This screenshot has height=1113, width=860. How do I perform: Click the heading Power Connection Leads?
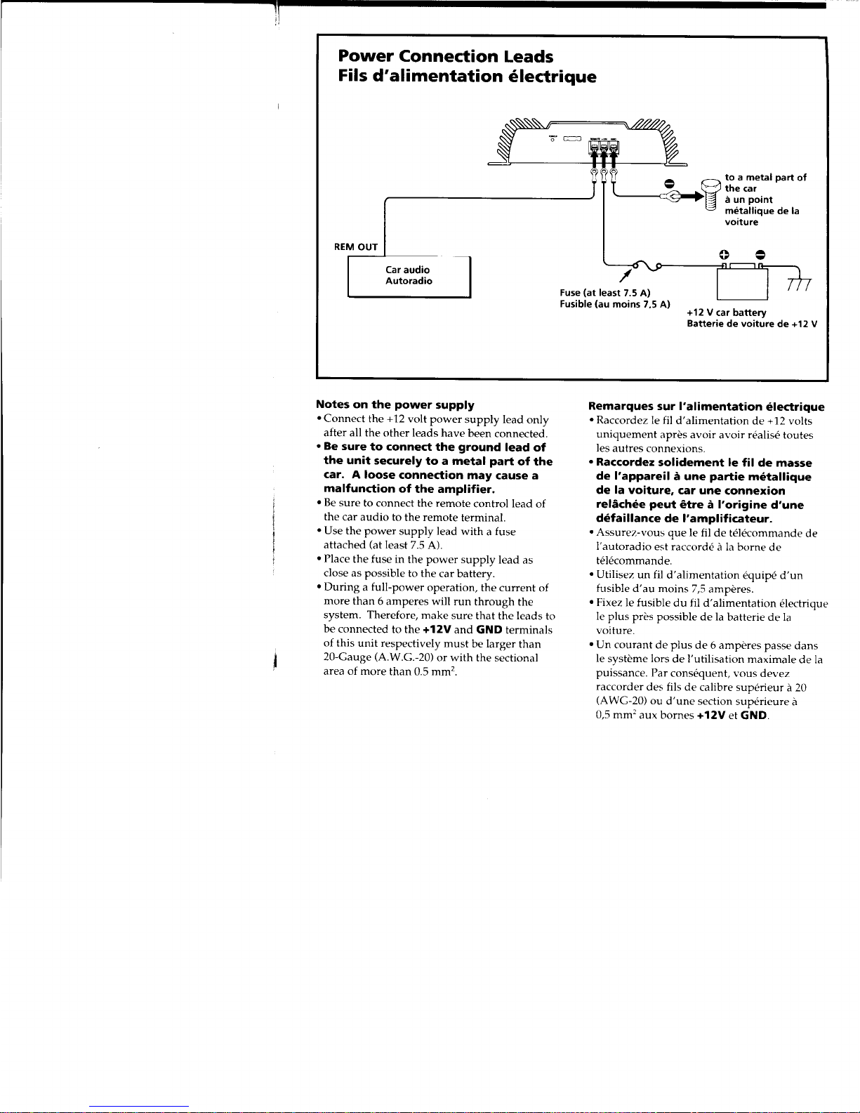[445, 56]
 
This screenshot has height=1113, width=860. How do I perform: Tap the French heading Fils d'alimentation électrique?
[467, 77]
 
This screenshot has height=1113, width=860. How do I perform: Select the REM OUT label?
[356, 247]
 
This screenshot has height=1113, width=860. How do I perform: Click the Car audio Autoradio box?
[409, 277]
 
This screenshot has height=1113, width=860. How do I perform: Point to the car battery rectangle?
[742, 283]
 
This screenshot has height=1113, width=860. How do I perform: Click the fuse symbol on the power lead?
[647, 265]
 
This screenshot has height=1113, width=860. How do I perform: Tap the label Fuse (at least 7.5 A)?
[604, 292]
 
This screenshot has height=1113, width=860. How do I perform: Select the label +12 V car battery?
[726, 312]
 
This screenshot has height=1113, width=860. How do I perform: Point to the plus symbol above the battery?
[724, 255]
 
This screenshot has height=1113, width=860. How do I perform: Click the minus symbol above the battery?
[760, 255]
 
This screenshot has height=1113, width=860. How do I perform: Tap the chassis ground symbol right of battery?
[799, 284]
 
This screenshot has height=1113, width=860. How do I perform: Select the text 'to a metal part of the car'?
[765, 183]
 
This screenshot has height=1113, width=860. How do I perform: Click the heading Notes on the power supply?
[395, 404]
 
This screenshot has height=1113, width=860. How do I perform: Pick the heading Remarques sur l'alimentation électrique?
[706, 406]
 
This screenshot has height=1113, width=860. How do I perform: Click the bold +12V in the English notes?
[436, 629]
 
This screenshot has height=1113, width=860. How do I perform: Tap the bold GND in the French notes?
[753, 715]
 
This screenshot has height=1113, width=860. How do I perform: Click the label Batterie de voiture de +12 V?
[752, 324]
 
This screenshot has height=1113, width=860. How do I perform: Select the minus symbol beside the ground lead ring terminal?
[668, 183]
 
